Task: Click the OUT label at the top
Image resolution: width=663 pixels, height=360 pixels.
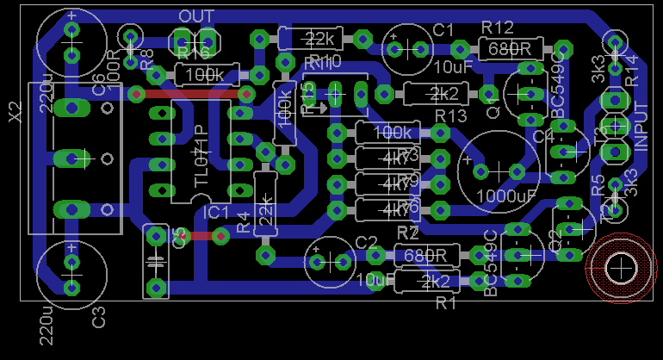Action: (x=195, y=17)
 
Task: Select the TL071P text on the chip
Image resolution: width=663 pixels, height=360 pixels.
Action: (x=201, y=152)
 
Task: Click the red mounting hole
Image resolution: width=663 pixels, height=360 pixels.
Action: (x=620, y=269)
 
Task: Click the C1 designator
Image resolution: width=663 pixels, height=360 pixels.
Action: (x=443, y=31)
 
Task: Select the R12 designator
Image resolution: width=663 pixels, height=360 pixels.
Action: (x=498, y=28)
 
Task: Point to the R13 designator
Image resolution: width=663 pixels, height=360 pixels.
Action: (x=450, y=115)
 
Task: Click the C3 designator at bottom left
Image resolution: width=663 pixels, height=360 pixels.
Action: (x=99, y=317)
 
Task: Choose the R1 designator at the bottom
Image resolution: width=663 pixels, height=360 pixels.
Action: (x=446, y=302)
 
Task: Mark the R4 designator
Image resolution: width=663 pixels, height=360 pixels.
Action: (x=243, y=222)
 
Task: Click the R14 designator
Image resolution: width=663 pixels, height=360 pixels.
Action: (x=631, y=70)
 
